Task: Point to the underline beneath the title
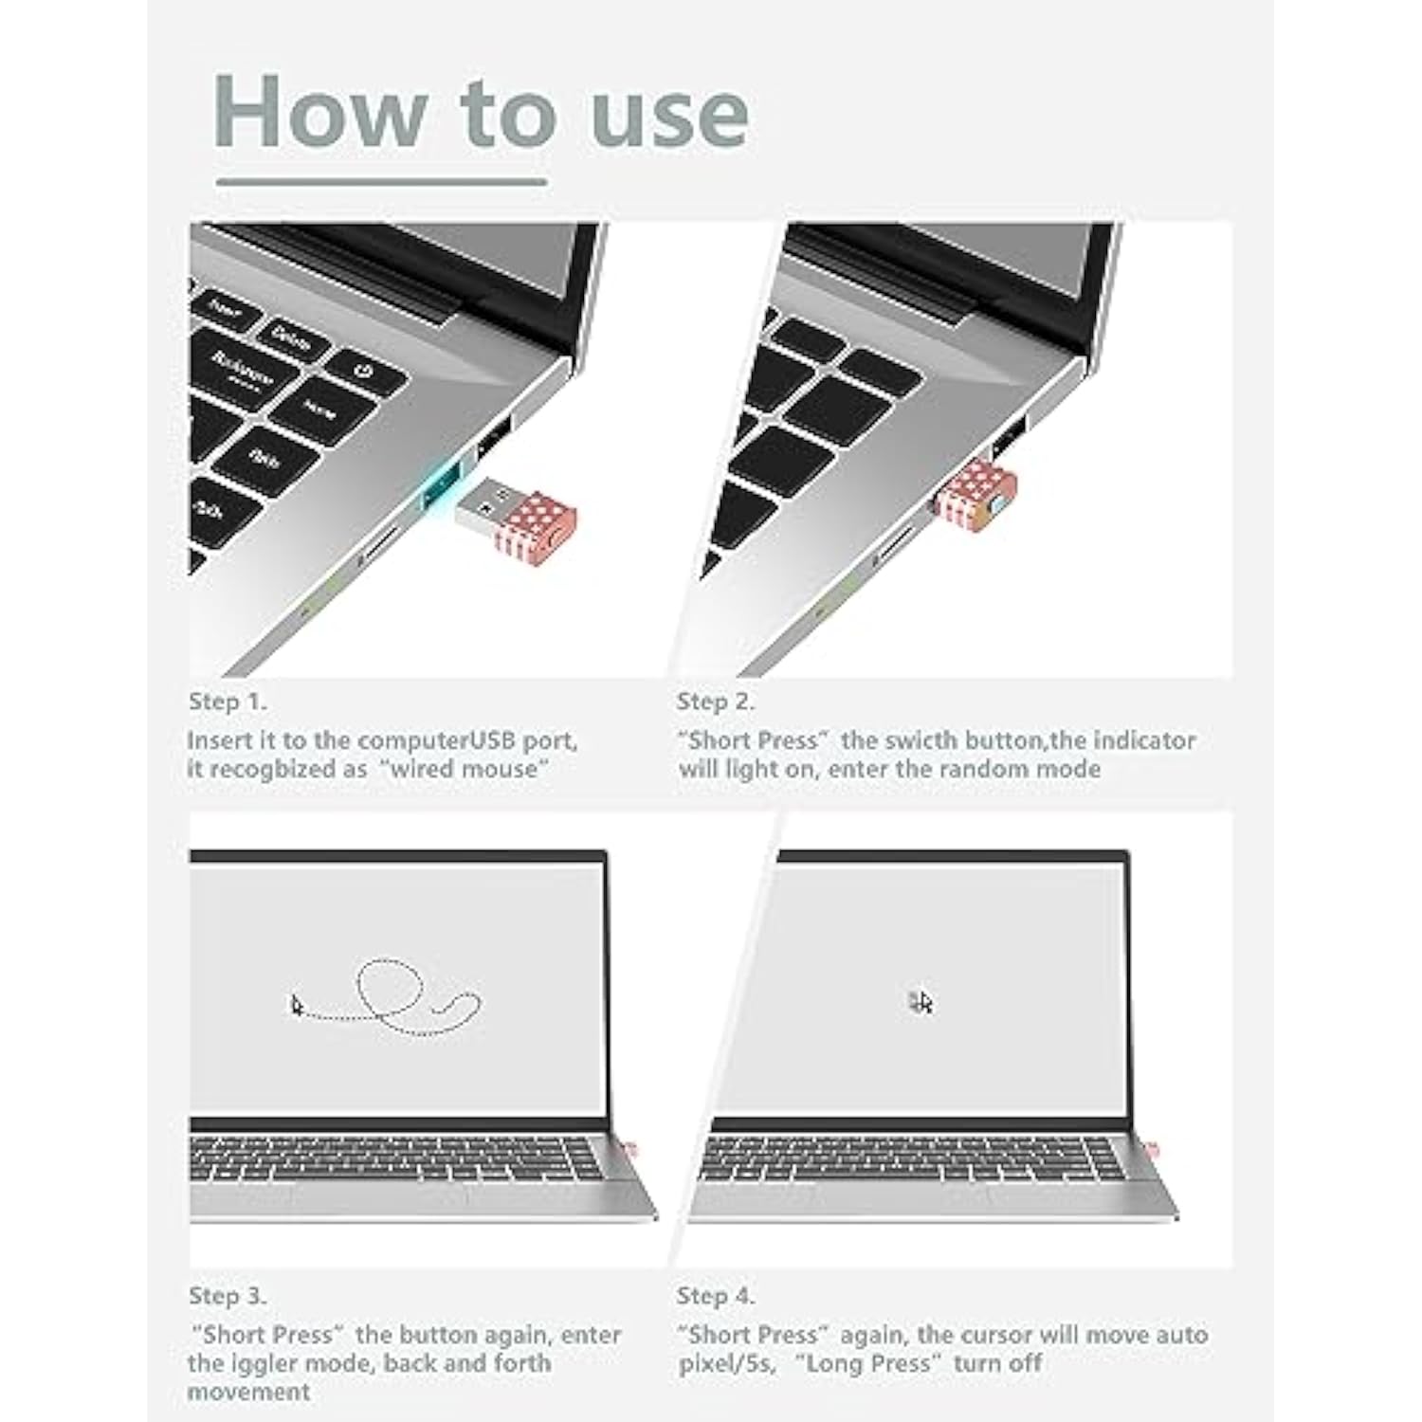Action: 381,181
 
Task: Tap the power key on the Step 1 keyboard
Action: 365,370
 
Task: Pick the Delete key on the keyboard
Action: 290,337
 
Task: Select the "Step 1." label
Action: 228,702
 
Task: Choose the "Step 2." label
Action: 716,702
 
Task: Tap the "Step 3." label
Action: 228,1296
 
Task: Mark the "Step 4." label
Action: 716,1296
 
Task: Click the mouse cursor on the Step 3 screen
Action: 297,1006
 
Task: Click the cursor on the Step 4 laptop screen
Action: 921,1002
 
